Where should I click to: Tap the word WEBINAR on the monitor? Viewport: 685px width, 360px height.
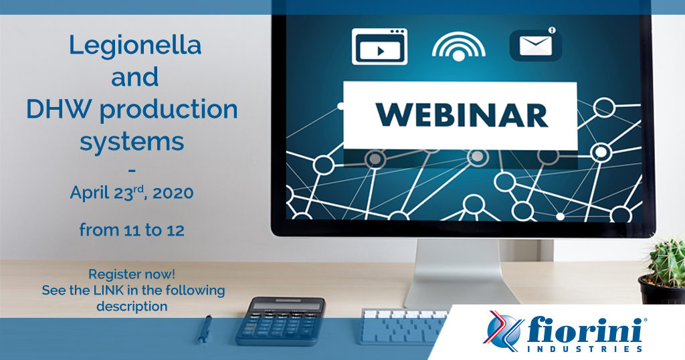pos(462,115)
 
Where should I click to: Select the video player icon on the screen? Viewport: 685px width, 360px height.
pos(380,46)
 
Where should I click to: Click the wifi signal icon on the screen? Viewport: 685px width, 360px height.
pos(459,46)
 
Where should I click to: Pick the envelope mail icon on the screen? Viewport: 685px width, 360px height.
pos(536,44)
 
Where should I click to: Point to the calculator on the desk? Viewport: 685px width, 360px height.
pos(280,321)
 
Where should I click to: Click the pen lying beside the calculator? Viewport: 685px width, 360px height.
pos(205,329)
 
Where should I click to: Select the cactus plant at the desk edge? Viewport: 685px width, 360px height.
pos(664,271)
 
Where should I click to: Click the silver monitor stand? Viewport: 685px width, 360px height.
pos(460,273)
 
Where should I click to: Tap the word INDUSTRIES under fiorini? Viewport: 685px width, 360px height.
pos(585,349)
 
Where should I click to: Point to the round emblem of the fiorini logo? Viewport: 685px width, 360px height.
pos(502,331)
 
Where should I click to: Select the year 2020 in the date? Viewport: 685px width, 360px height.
pos(173,193)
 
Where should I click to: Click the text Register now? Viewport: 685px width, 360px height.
pos(132,274)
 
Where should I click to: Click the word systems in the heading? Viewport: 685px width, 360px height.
pos(132,142)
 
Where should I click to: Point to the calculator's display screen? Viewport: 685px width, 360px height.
pos(280,305)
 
